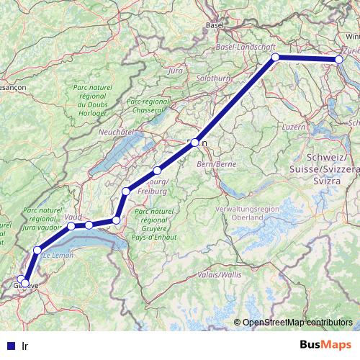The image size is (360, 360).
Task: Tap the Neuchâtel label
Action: (x=117, y=132)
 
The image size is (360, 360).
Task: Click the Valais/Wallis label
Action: (x=222, y=274)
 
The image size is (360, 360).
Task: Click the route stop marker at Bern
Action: (x=194, y=143)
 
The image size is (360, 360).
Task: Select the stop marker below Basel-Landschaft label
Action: (x=275, y=57)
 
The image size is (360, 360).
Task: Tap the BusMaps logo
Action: (x=325, y=345)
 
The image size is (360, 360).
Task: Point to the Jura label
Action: (x=174, y=71)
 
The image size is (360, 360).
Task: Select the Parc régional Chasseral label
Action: (x=148, y=105)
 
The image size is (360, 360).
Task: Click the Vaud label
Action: (x=73, y=216)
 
